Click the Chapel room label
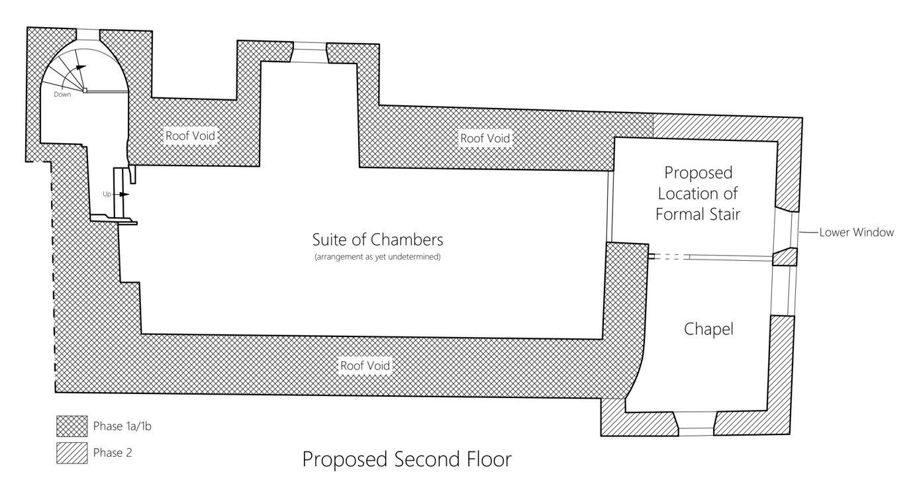point(708,329)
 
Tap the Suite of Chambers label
point(377,239)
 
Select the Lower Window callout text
point(856,232)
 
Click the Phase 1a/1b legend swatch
point(72,426)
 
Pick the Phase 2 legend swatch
point(72,454)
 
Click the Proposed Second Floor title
point(407,460)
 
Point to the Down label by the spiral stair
point(63,95)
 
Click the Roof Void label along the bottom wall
point(365,366)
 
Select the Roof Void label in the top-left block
point(190,136)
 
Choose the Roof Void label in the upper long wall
point(485,138)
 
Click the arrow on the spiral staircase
point(80,67)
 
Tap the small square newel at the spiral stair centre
point(85,91)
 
